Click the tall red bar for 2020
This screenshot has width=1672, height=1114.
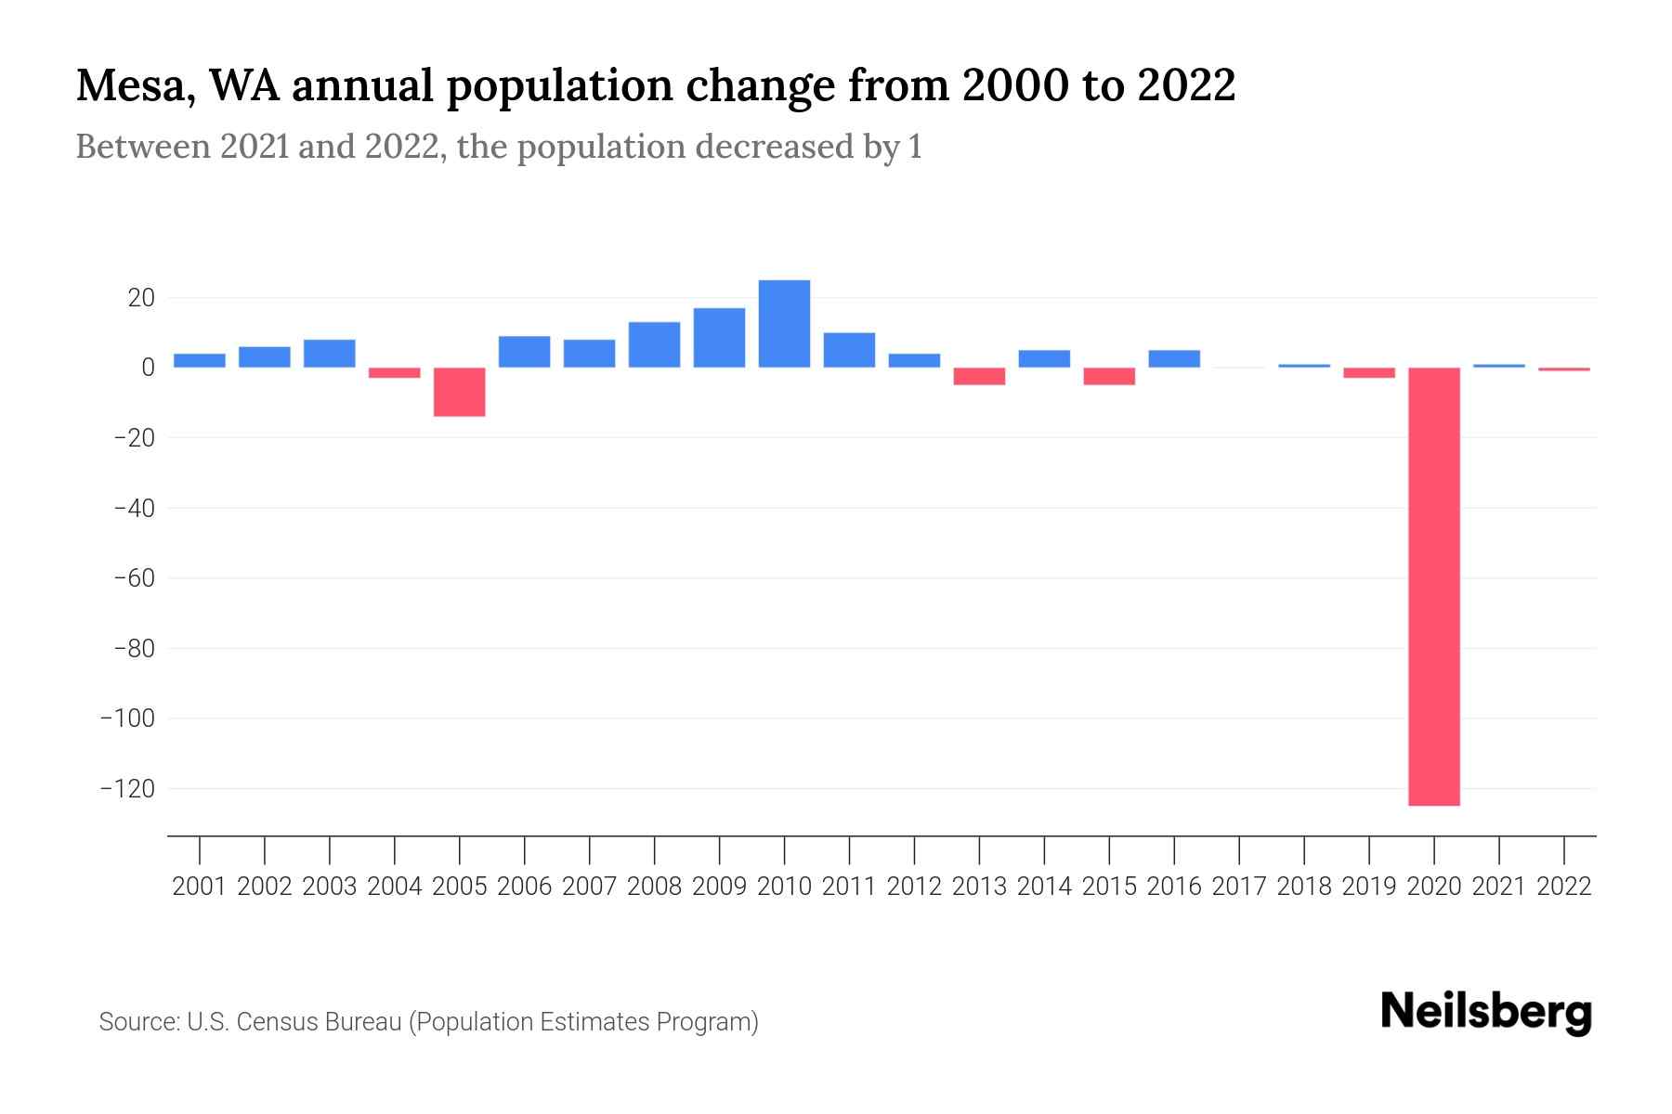point(1434,587)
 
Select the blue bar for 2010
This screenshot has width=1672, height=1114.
point(784,324)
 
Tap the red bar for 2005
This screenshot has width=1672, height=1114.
point(460,392)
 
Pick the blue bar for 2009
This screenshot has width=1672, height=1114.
point(719,338)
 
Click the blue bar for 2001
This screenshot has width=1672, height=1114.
point(200,361)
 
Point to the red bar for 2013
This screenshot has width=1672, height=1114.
point(979,376)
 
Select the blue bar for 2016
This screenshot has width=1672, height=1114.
point(1174,359)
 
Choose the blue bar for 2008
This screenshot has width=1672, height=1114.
point(654,344)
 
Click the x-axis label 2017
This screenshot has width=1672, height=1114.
point(1239,887)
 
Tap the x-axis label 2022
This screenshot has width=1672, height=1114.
point(1564,887)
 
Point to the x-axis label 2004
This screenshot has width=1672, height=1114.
point(395,887)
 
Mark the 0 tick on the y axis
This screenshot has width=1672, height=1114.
point(148,368)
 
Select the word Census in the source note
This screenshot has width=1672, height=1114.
point(274,1022)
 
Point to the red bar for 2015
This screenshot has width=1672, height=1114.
point(1109,376)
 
